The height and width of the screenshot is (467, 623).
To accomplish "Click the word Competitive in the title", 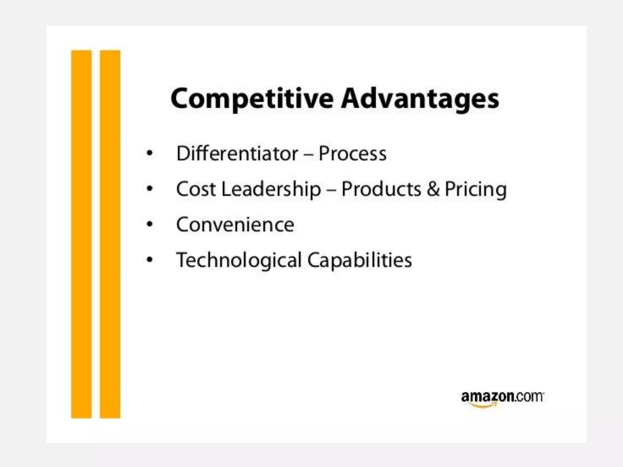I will (252, 99).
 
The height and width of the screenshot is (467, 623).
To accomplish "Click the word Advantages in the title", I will (420, 99).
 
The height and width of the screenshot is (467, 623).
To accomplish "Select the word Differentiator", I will (237, 153).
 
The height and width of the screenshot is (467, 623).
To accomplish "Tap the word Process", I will (353, 153).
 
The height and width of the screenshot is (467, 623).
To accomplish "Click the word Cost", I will (196, 189).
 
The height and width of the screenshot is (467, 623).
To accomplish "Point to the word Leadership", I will (271, 189).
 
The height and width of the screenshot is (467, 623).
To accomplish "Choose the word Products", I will (381, 189).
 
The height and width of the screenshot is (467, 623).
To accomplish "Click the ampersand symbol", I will (433, 189).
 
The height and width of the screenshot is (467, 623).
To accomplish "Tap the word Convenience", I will (235, 225).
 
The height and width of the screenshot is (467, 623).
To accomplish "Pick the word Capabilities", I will (360, 261).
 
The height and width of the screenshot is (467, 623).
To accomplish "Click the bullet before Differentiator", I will (149, 153).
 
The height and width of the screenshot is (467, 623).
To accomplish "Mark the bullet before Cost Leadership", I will (149, 189).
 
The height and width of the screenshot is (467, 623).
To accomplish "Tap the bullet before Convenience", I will (149, 224).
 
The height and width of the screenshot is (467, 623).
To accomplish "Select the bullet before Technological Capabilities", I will (149, 260).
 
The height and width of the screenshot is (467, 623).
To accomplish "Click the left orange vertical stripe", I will (81, 234).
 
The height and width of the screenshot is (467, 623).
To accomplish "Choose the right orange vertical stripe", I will (110, 234).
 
